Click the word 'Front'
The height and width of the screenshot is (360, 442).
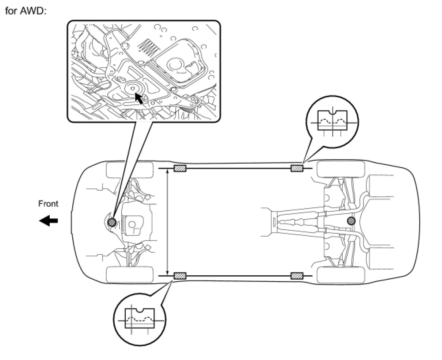point(48,204)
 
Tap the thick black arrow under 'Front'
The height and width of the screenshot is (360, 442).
point(49,221)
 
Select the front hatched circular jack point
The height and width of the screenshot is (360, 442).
point(113,222)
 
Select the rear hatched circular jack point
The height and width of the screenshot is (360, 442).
point(351,220)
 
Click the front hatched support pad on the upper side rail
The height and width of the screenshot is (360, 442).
point(180,168)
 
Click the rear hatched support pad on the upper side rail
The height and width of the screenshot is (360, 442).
point(297,168)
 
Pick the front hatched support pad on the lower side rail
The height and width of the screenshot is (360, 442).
point(180,276)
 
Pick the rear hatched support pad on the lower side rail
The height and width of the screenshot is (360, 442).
point(297,276)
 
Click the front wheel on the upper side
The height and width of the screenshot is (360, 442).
point(129,169)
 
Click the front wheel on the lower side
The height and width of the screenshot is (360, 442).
point(129,275)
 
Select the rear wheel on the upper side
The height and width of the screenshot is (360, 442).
point(340,169)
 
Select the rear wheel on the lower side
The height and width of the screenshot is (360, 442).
point(340,275)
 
